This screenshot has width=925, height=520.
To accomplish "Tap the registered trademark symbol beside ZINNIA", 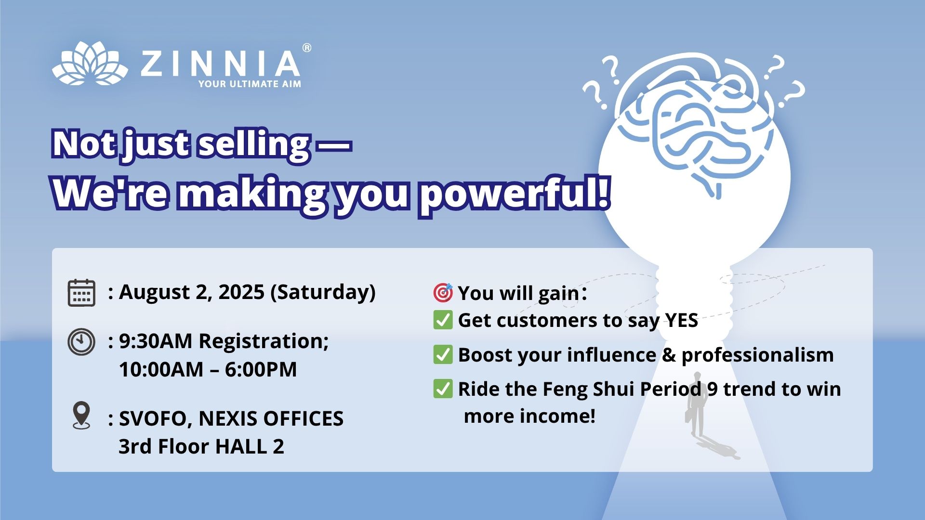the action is coord(306,48).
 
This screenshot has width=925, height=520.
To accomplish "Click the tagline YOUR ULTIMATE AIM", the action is coord(250,84).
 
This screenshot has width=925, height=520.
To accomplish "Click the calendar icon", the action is coord(81,293).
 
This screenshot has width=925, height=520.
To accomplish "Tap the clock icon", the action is coord(81,342).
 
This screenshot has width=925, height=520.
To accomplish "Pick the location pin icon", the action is coord(81,415).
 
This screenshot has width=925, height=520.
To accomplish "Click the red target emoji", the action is coord(443,292).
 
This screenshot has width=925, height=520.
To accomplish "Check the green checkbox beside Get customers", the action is coord(443,320).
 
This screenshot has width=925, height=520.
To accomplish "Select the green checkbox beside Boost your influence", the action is coord(443,355).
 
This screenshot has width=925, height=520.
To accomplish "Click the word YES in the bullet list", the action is coord(682,321).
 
